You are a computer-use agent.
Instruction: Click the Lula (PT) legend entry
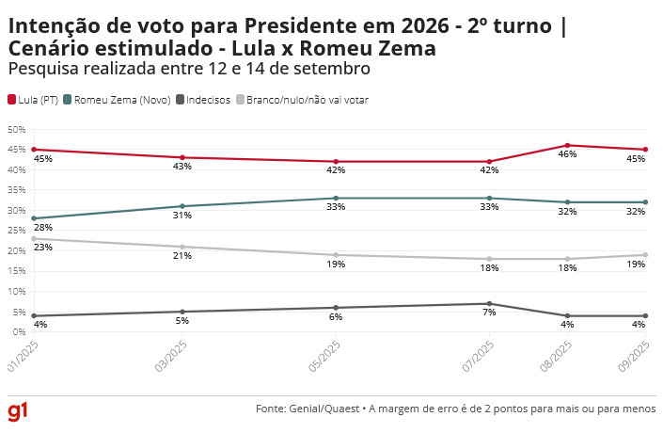pyautogui.click(x=33, y=99)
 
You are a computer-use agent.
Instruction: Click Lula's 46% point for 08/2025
pyautogui.click(x=568, y=145)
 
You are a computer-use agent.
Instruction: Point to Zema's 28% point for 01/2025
pyautogui.click(x=33, y=218)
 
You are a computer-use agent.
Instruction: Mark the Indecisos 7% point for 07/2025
pyautogui.click(x=489, y=303)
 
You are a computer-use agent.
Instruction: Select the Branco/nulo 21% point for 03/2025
pyautogui.click(x=182, y=247)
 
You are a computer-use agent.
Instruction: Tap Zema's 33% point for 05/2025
pyautogui.click(x=336, y=199)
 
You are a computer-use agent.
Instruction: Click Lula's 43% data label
pyautogui.click(x=182, y=167)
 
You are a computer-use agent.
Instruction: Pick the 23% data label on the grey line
pyautogui.click(x=43, y=248)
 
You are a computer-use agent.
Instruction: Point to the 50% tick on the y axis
pyautogui.click(x=15, y=130)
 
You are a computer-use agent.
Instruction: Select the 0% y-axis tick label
pyautogui.click(x=18, y=332)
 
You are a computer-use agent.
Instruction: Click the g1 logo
pyautogui.click(x=19, y=412)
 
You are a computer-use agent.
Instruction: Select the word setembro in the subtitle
pyautogui.click(x=329, y=69)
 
